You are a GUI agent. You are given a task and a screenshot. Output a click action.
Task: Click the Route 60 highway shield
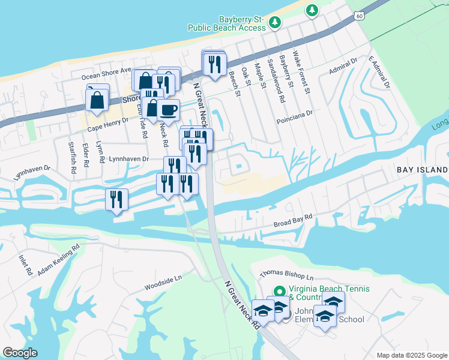coord(358,14)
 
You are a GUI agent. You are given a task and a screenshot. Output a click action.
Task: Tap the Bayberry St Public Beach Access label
coord(226,23)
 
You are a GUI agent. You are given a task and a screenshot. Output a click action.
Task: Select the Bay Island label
coord(423,170)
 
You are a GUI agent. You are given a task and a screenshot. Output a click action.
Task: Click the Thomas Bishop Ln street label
coord(286,274)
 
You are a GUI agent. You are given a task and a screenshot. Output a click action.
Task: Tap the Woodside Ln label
coord(162,283)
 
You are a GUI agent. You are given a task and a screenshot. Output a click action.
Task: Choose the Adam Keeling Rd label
coord(58,259)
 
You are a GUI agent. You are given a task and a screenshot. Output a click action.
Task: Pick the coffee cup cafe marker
coord(169,110)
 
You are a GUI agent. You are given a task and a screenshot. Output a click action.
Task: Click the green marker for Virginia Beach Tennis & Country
coord(278,291)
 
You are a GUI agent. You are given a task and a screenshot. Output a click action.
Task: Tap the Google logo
coord(20,353)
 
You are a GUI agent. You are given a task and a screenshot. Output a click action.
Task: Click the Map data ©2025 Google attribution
coord(411,355)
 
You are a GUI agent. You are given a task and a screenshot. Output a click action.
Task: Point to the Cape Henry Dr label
coord(108,124)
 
